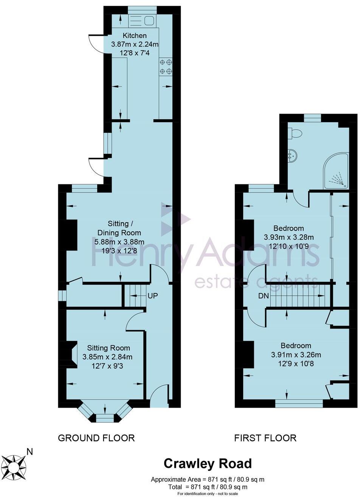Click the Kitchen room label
(135, 36)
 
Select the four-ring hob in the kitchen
(166, 66)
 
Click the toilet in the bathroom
(295, 133)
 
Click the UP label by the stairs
(152, 295)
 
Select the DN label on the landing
(264, 296)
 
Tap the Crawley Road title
(207, 464)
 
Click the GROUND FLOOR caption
(96, 438)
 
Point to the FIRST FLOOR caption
(265, 438)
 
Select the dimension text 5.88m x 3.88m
(119, 242)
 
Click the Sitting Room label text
(109, 348)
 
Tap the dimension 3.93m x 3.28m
(289, 237)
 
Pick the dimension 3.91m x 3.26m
(296, 355)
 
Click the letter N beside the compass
(29, 451)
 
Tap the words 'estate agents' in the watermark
(256, 282)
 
